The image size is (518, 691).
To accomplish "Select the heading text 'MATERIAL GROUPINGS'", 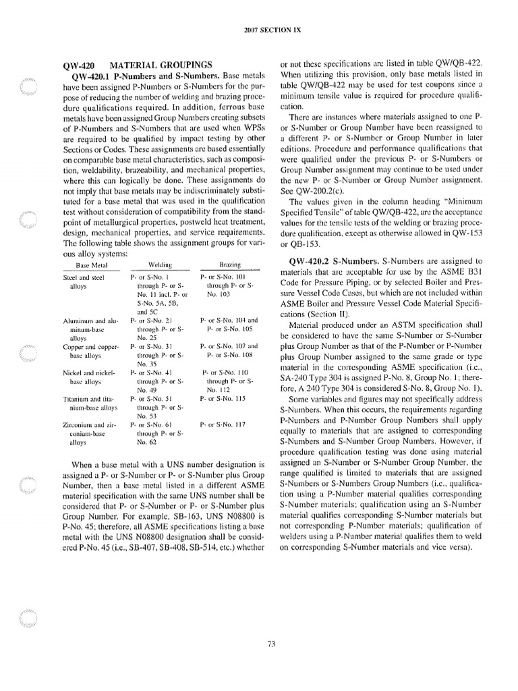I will (161, 65).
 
